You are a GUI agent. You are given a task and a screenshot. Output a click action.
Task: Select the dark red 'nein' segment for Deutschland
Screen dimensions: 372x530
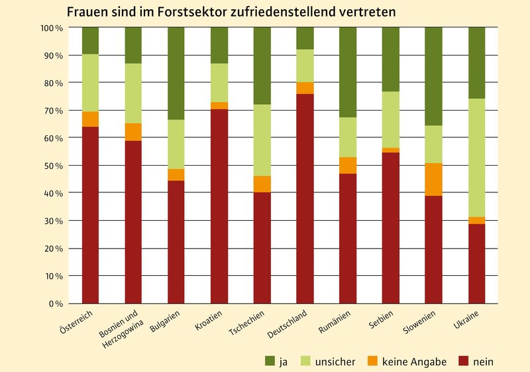[305, 199]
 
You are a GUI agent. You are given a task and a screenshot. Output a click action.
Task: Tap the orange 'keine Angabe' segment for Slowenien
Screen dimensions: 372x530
[433, 179]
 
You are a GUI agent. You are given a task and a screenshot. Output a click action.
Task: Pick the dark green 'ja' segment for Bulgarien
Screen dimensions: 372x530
[176, 74]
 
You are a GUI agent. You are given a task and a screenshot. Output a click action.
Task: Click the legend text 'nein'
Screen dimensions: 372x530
[483, 361]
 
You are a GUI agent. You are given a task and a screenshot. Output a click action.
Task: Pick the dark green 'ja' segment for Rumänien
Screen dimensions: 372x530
[347, 72]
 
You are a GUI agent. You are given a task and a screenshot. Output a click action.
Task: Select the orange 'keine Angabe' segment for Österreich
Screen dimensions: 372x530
[90, 119]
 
